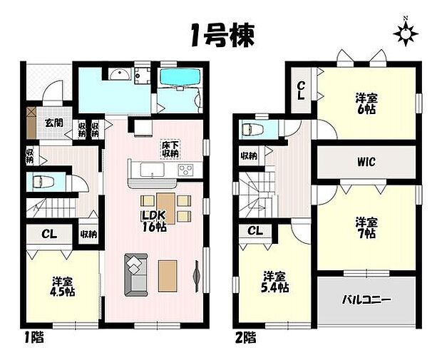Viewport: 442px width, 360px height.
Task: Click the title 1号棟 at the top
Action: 221,34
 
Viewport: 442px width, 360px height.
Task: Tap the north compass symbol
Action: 406,33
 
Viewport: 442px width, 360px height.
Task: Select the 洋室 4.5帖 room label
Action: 61,287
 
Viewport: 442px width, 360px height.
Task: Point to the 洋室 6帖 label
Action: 366,105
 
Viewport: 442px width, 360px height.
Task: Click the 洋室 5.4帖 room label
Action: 274,282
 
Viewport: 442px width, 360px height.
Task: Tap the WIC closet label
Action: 366,162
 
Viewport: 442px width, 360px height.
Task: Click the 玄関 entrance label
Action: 53,123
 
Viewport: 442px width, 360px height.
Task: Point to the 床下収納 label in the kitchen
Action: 170,148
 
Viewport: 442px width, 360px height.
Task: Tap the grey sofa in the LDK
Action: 133,274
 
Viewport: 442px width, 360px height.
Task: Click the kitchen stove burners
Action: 185,170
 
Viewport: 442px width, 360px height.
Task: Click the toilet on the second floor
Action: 252,130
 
